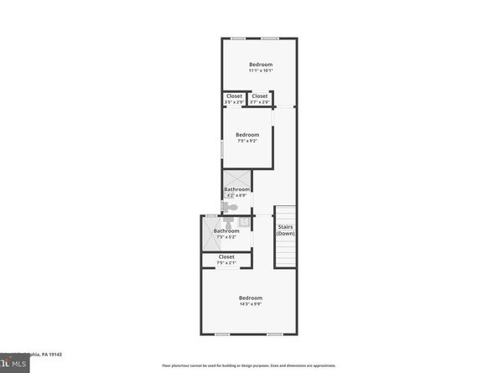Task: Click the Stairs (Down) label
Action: pyautogui.click(x=285, y=230)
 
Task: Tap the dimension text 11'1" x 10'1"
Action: pyautogui.click(x=260, y=70)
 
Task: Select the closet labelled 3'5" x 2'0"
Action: pyautogui.click(x=234, y=102)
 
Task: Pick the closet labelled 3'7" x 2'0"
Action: pyautogui.click(x=260, y=102)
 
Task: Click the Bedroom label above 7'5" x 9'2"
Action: pyautogui.click(x=247, y=134)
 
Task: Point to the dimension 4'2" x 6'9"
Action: pyautogui.click(x=236, y=195)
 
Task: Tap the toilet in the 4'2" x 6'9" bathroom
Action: pyautogui.click(x=231, y=207)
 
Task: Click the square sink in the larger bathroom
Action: pyautogui.click(x=243, y=222)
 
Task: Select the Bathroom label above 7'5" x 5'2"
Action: pyautogui.click(x=226, y=231)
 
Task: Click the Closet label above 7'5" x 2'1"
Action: pyautogui.click(x=226, y=256)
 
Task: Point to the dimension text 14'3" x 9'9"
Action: pyautogui.click(x=251, y=304)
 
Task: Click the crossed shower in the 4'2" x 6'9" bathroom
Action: pyautogui.click(x=236, y=179)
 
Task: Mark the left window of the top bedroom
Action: pyautogui.click(x=239, y=38)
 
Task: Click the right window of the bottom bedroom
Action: pyautogui.click(x=274, y=334)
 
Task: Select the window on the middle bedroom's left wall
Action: pyautogui.click(x=221, y=149)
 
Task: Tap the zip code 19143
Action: pyautogui.click(x=54, y=355)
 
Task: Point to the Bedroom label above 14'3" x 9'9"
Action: pyautogui.click(x=251, y=298)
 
